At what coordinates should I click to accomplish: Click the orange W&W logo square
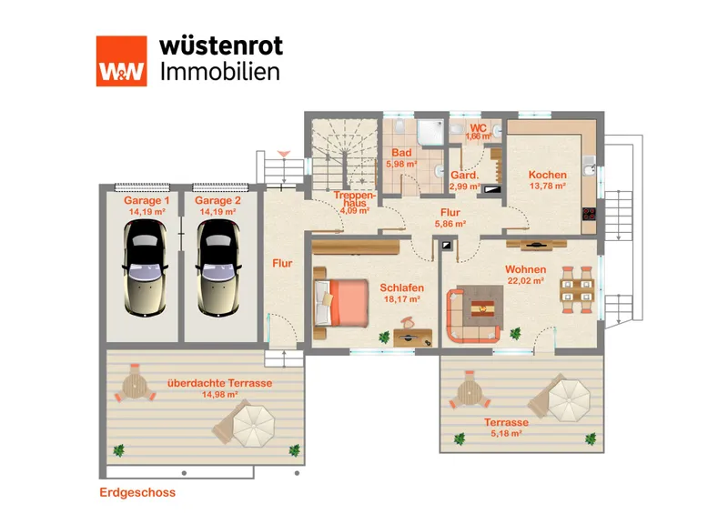122,61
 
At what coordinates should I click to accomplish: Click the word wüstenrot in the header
221,46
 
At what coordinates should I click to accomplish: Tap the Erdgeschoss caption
137,492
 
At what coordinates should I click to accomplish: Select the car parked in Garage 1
145,267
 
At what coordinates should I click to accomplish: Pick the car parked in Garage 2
218,267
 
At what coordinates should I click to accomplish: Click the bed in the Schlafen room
342,302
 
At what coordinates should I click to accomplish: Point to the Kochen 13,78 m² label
548,180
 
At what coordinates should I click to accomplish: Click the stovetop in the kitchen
589,214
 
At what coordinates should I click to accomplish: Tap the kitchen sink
589,166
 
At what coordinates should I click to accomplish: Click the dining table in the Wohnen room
577,290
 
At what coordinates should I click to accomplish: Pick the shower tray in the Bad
430,131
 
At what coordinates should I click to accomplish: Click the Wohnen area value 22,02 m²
526,281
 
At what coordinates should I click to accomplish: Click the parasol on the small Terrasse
569,400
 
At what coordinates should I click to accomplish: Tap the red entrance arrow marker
284,154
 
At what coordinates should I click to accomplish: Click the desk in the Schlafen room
413,338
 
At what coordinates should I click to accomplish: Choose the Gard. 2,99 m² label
465,181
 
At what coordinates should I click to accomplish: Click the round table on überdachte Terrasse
135,386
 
